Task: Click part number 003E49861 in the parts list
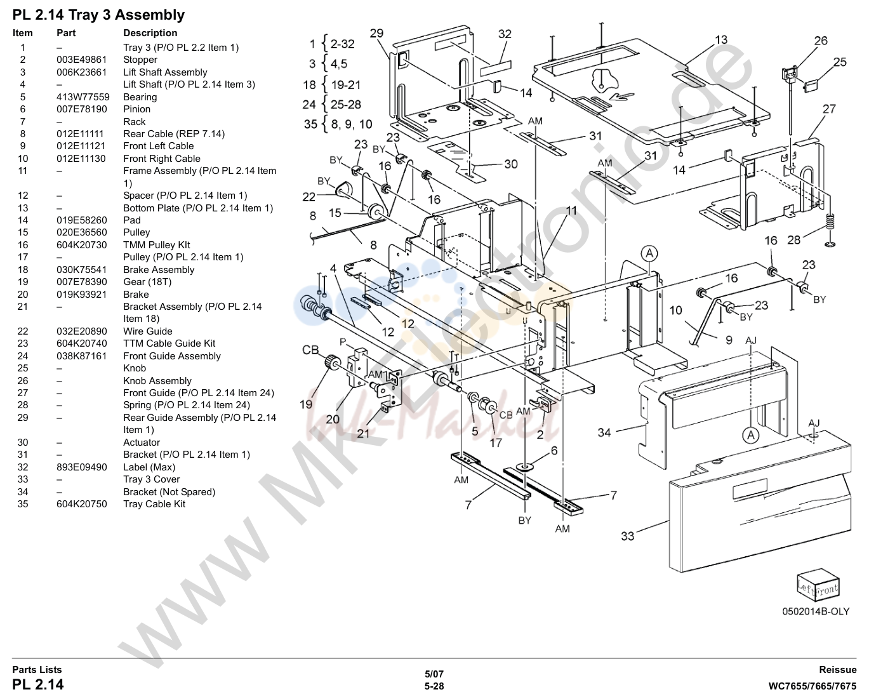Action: pyautogui.click(x=82, y=60)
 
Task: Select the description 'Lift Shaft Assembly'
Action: pyautogui.click(x=165, y=72)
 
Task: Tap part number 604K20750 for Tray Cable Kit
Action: pyautogui.click(x=82, y=504)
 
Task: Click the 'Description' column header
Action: pyautogui.click(x=150, y=33)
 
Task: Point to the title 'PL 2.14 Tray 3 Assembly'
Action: pyautogui.click(x=98, y=15)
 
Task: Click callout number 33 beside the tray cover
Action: pyautogui.click(x=628, y=536)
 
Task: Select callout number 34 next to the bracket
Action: pyautogui.click(x=604, y=432)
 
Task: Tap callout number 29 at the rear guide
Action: pyautogui.click(x=376, y=33)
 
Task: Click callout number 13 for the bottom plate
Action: pyautogui.click(x=721, y=39)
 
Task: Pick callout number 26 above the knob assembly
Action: pyautogui.click(x=821, y=41)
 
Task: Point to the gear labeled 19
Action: pyautogui.click(x=332, y=361)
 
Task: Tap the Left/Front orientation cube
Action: pyautogui.click(x=818, y=583)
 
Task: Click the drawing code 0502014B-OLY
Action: pyautogui.click(x=816, y=611)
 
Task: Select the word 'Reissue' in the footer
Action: pyautogui.click(x=837, y=670)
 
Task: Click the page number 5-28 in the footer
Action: pyautogui.click(x=434, y=686)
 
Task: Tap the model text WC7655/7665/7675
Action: pyautogui.click(x=812, y=686)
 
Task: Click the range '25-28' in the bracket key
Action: pyautogui.click(x=346, y=105)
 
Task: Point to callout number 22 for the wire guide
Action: pyautogui.click(x=309, y=197)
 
